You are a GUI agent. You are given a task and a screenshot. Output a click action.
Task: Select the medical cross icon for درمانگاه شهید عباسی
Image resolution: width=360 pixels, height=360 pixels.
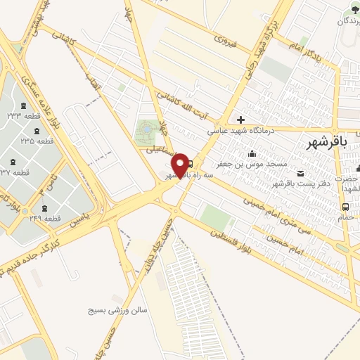(x=240, y=120)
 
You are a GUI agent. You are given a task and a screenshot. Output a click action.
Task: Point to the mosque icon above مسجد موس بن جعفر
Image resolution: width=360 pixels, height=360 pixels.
(x=252, y=153)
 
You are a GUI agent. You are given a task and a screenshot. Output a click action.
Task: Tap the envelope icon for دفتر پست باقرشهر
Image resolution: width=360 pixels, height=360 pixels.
(x=301, y=174)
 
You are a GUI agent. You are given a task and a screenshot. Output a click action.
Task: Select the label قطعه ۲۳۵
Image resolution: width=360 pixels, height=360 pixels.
(x=37, y=141)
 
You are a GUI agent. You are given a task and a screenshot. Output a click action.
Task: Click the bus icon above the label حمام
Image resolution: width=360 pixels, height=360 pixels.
(x=346, y=207)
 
